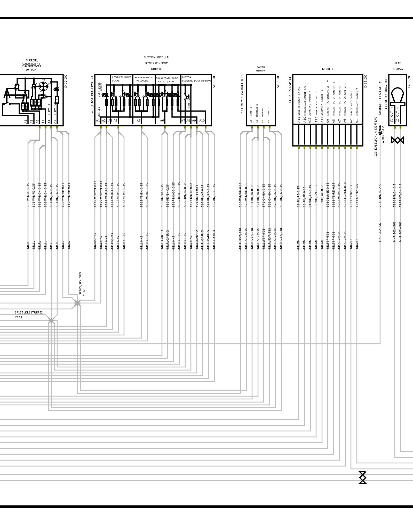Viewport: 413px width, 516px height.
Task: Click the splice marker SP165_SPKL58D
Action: [x=77, y=304]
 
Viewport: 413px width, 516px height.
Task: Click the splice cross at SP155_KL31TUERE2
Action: [x=51, y=321]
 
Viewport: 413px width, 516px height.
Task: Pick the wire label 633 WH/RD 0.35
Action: [x=28, y=195]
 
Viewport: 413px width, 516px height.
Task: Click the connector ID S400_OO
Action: [x=214, y=81]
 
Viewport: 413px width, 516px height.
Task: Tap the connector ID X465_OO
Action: [x=365, y=82]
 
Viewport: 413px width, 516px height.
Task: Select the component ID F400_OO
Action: [x=409, y=82]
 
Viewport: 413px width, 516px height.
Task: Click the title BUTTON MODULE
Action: [x=156, y=57]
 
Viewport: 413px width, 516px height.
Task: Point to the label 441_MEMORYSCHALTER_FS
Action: [x=242, y=94]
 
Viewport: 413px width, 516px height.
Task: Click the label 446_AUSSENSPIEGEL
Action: [x=290, y=89]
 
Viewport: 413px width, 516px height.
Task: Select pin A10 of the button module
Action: [x=202, y=120]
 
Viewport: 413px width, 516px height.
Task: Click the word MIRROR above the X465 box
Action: [x=327, y=69]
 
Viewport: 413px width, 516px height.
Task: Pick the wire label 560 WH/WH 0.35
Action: [x=240, y=195]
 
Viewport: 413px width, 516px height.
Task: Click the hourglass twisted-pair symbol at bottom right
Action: [x=363, y=477]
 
